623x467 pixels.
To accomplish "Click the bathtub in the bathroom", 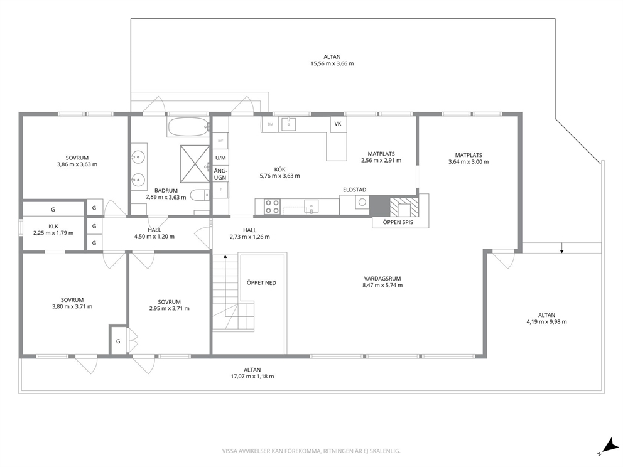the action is coord(188,127).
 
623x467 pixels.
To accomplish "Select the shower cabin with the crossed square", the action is coord(195,164).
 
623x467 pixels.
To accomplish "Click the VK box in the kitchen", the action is coord(338,124).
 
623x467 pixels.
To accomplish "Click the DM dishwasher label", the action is coord(271,124).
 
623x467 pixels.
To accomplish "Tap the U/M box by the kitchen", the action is coord(220,158).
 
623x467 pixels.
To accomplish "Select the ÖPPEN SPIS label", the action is coord(398,222).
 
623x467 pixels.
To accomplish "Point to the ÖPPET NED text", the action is coord(261,283).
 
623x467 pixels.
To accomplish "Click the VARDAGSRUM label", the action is coord(382,279).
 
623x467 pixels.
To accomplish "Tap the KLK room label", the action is coord(53,227).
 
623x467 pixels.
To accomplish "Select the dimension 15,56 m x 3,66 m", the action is coord(332,63).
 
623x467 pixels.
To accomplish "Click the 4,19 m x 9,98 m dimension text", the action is coord(547,322).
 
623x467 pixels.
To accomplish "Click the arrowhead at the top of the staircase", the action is coord(225,257).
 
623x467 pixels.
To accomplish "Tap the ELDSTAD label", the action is coord(355,190).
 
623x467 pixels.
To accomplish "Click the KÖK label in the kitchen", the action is coord(279,169).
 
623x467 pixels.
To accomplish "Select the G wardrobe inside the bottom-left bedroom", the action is coord(118,340).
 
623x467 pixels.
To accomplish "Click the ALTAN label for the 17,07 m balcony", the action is coord(252,370).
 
